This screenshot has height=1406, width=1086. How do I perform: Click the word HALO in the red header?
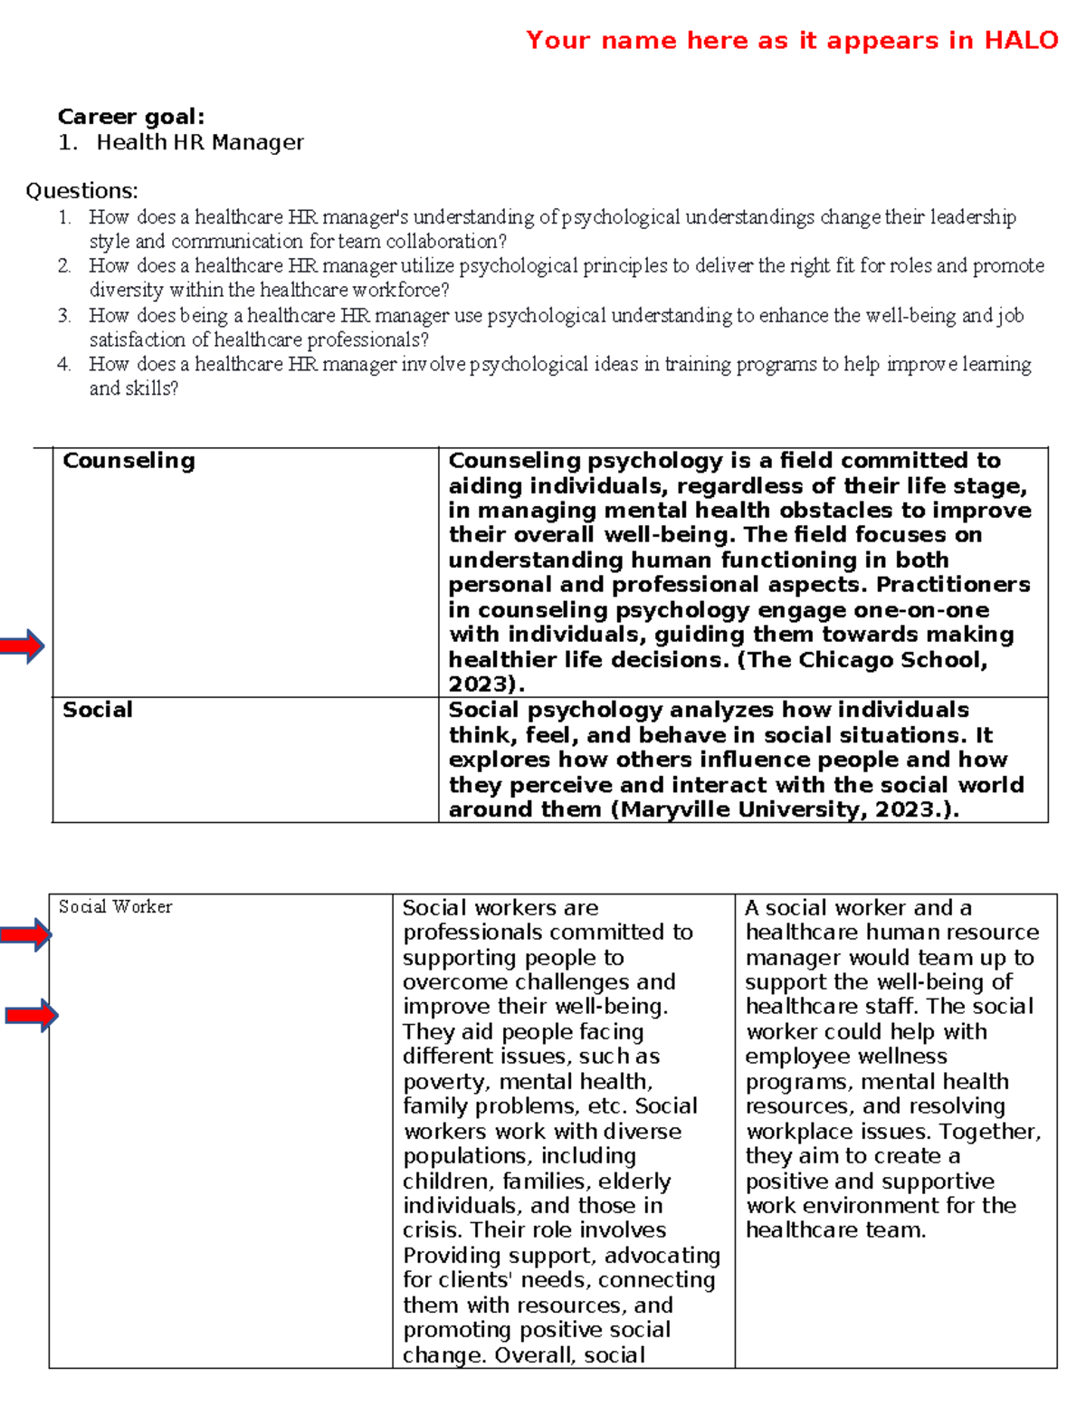(1021, 41)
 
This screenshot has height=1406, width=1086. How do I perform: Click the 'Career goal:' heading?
(131, 117)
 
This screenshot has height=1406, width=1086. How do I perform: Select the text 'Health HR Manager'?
(200, 142)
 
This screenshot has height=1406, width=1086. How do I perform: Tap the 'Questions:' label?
(81, 191)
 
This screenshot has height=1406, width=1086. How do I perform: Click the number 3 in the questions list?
(63, 316)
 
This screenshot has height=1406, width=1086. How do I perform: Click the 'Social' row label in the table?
(98, 710)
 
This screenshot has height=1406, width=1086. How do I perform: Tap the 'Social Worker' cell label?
(115, 907)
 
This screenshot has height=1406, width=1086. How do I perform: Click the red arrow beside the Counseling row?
(22, 646)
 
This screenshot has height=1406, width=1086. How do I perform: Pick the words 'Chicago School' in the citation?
(888, 660)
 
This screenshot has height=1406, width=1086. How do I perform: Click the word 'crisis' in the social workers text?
(432, 1230)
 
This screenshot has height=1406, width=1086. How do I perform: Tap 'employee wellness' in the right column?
(846, 1057)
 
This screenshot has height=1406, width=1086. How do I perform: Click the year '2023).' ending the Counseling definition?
(486, 684)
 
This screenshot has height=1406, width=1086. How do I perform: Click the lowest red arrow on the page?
(31, 1016)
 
